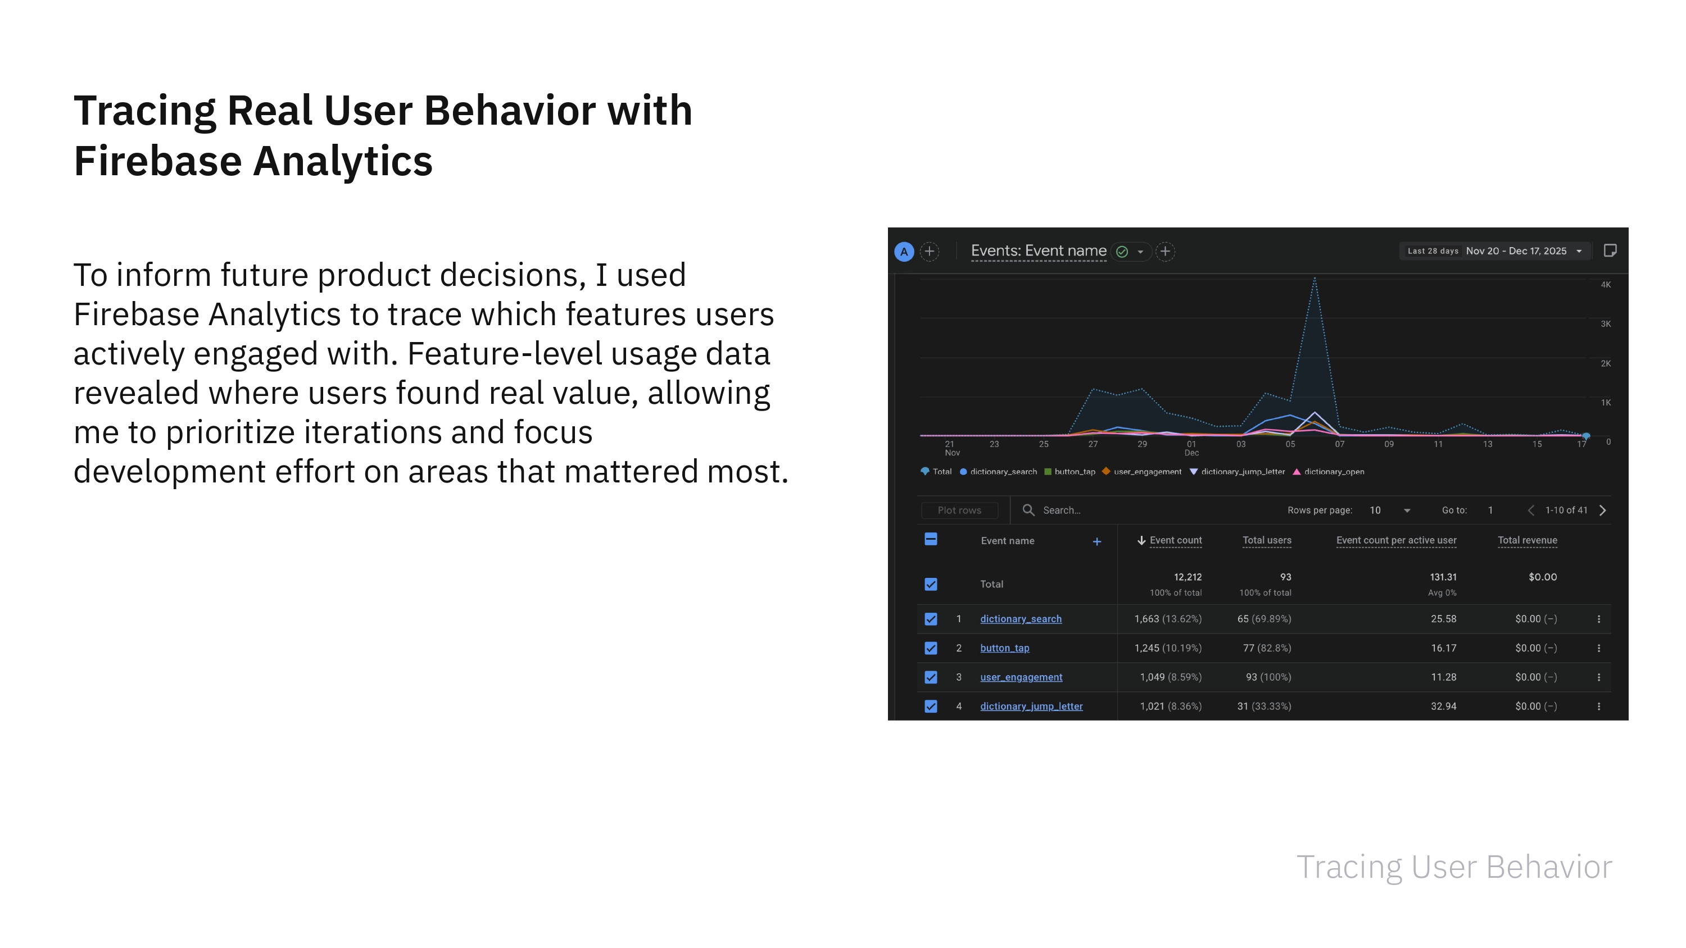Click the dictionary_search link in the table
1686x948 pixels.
pyautogui.click(x=1021, y=619)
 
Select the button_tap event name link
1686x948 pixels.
pyautogui.click(x=1004, y=648)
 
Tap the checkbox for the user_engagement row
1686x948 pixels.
pyautogui.click(x=931, y=677)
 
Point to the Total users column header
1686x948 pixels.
pyautogui.click(x=1266, y=540)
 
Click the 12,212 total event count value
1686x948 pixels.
pyautogui.click(x=1188, y=577)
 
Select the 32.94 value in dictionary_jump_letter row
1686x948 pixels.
pyautogui.click(x=1443, y=707)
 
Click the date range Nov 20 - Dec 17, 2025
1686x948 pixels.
pyautogui.click(x=1516, y=251)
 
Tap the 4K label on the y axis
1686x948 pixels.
pyautogui.click(x=1606, y=285)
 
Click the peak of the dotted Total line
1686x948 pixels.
pyautogui.click(x=1315, y=279)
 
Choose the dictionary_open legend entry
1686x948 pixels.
pyautogui.click(x=1333, y=472)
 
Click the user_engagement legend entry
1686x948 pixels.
pyautogui.click(x=1146, y=472)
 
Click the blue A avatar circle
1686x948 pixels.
pyautogui.click(x=904, y=252)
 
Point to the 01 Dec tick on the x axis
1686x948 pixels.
pyautogui.click(x=1191, y=448)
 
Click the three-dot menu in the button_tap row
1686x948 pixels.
pyautogui.click(x=1598, y=648)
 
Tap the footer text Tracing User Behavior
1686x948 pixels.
pyautogui.click(x=1454, y=867)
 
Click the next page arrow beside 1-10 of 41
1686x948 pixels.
pyautogui.click(x=1602, y=511)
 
